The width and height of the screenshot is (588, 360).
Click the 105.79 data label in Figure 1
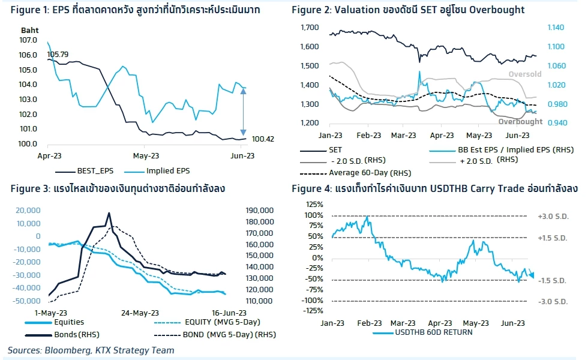point(58,53)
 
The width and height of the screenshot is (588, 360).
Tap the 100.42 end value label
point(263,139)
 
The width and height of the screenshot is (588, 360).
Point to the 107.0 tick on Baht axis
point(29,40)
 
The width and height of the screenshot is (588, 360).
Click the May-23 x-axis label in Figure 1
point(143,154)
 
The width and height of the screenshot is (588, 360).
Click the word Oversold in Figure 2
point(525,74)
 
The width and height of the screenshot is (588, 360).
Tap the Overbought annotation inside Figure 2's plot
point(520,121)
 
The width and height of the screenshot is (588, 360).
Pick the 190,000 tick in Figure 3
point(260,211)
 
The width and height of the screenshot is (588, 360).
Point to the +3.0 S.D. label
point(553,216)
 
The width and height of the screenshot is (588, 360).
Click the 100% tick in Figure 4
point(315,215)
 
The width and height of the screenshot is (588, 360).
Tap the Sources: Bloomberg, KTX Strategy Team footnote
point(91,350)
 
